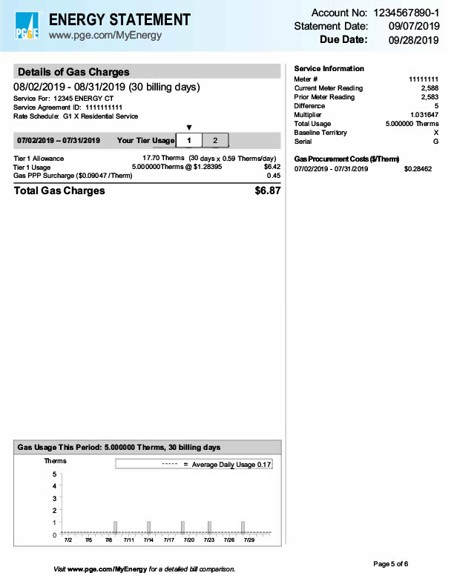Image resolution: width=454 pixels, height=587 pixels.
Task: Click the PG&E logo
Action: point(28,27)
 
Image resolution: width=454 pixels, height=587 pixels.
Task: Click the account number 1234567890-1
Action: point(405,13)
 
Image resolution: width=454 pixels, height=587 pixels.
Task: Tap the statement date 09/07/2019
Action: point(414,26)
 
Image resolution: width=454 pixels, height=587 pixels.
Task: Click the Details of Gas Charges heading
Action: point(73,72)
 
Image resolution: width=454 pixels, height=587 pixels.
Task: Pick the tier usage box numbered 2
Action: point(215,140)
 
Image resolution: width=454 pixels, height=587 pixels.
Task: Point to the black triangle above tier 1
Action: point(189,127)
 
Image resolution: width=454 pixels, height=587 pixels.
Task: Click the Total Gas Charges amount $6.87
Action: point(267,190)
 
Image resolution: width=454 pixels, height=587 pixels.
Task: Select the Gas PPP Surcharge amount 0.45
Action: point(273,176)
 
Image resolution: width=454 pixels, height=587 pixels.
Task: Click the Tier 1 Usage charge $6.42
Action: point(272,167)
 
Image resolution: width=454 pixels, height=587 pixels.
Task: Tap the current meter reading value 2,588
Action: point(429,88)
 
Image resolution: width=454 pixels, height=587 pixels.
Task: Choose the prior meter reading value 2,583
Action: point(429,97)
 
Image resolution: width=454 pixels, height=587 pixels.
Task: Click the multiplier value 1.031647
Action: point(424,115)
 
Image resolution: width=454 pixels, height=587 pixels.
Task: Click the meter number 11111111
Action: point(424,79)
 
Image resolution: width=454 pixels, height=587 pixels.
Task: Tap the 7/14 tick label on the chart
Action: point(148,540)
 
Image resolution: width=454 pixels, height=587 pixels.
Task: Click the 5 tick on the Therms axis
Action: point(53,474)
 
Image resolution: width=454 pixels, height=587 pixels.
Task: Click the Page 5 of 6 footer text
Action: point(390,564)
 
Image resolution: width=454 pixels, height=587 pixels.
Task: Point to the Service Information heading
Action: point(329,68)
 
